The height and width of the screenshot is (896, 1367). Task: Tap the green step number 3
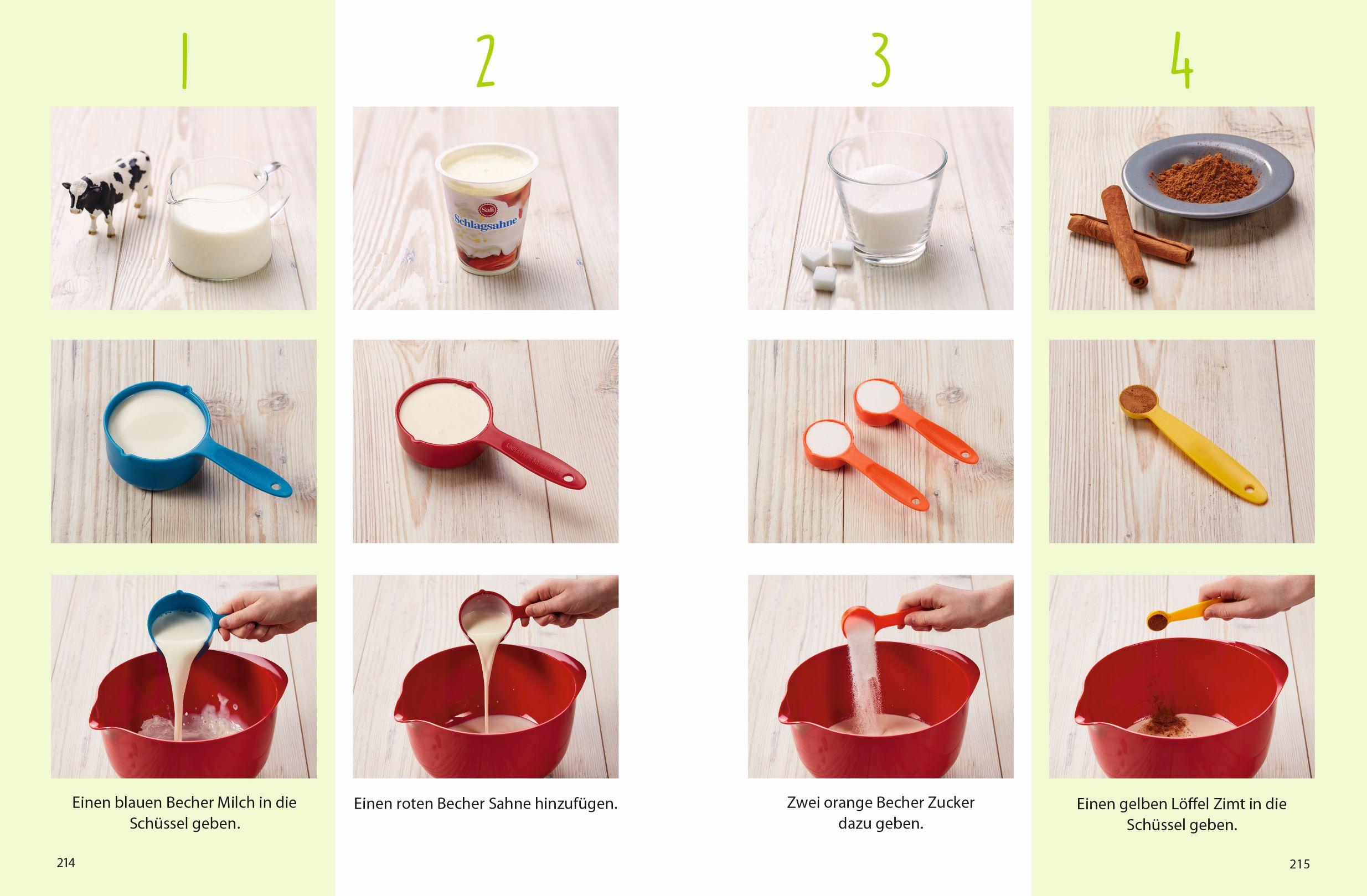coord(880,59)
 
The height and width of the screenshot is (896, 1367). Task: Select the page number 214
coord(66,862)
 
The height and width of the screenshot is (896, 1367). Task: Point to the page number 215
coord(1300,863)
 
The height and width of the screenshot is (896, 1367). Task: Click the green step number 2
coord(486,60)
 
